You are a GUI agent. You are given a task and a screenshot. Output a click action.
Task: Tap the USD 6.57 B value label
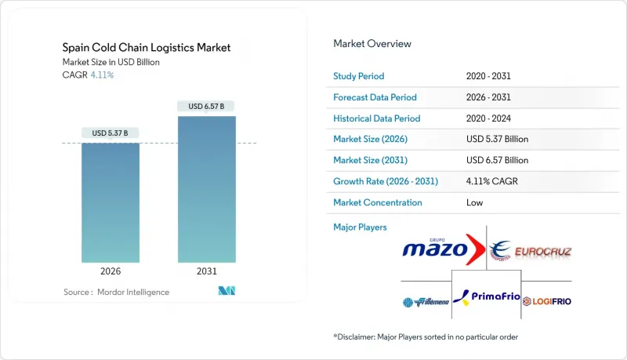pyautogui.click(x=206, y=106)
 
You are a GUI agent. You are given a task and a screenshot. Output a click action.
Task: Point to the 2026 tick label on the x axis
pyautogui.click(x=111, y=272)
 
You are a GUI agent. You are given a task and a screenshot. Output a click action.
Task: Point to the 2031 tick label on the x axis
pyautogui.click(x=206, y=272)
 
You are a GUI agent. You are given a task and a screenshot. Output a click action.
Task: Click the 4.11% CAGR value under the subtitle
pyautogui.click(x=101, y=75)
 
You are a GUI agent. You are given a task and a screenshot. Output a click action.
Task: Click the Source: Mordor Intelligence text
pyautogui.click(x=116, y=292)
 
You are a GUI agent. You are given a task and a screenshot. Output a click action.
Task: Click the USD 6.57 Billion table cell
pyautogui.click(x=497, y=160)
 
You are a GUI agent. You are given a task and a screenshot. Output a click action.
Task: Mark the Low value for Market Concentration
pyautogui.click(x=473, y=202)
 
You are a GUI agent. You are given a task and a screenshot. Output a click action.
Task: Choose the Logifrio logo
pyautogui.click(x=547, y=300)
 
